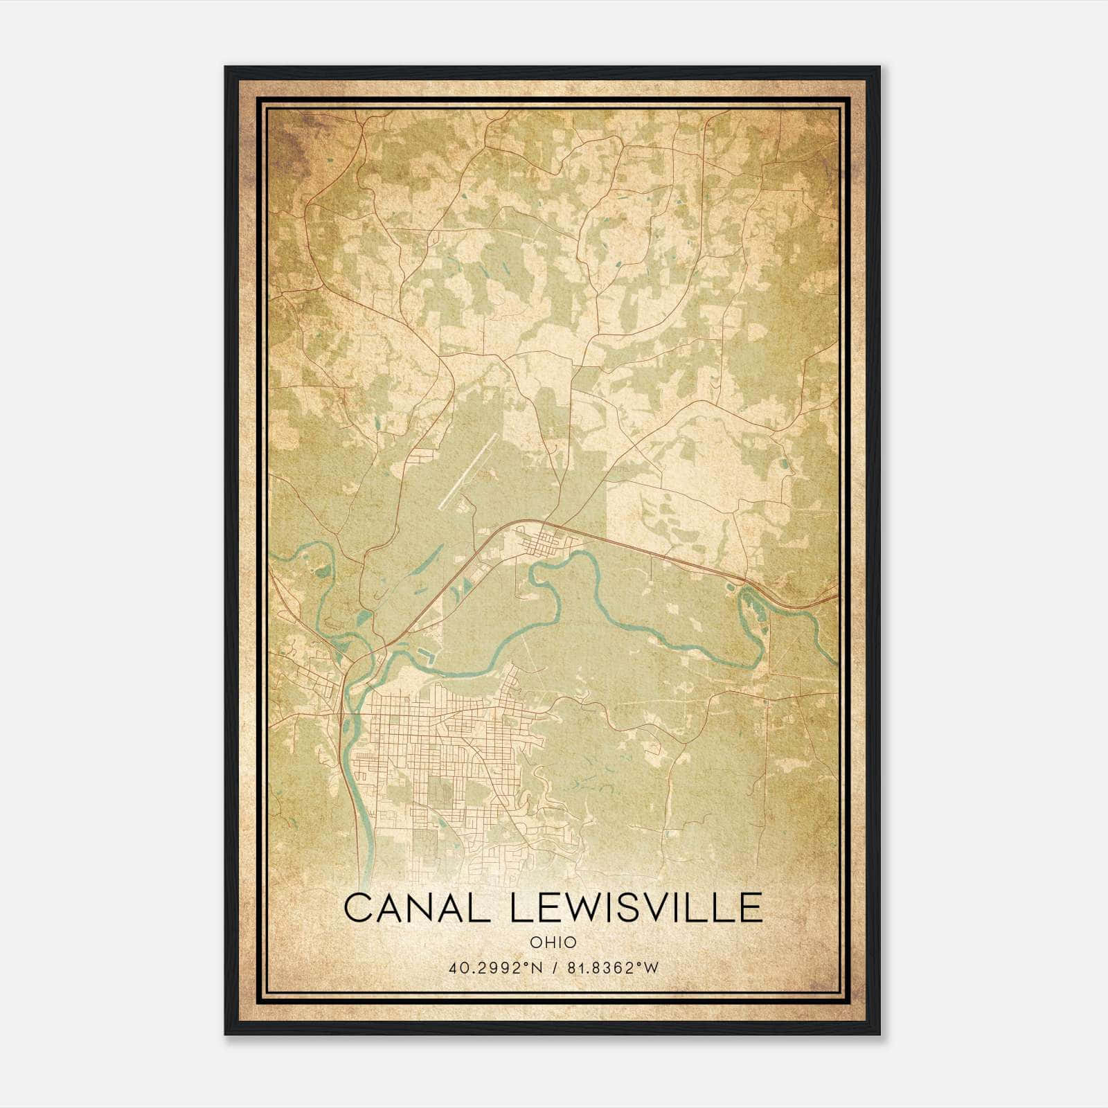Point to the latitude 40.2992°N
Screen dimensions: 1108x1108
pyautogui.click(x=491, y=968)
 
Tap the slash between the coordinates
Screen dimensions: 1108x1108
pyautogui.click(x=553, y=968)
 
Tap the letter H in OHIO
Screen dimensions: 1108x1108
pyautogui.click(x=549, y=942)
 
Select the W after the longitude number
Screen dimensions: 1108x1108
pyautogui.click(x=651, y=968)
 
